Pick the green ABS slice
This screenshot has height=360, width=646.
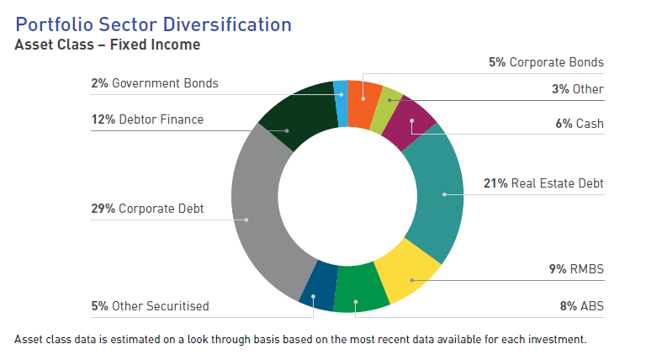tap(359, 290)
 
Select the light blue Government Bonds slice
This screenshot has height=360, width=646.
tap(341, 93)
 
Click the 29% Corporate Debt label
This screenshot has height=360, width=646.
tap(147, 208)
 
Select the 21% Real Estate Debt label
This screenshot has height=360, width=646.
tap(543, 183)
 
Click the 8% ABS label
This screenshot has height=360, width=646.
tap(582, 305)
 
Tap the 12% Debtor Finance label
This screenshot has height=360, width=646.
tap(147, 119)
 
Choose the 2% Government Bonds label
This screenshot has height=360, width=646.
tap(154, 83)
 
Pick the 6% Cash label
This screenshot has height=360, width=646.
tap(579, 124)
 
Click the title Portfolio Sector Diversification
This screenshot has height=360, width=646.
tap(154, 24)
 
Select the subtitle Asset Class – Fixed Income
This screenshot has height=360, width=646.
tap(108, 45)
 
